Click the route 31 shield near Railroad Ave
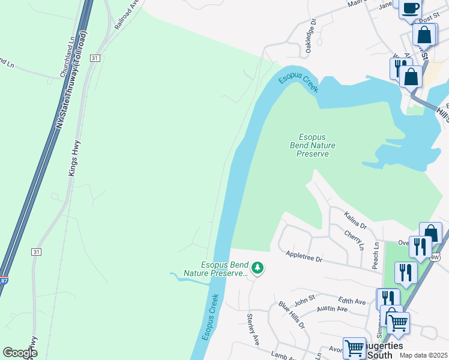[95, 58]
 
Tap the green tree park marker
[258, 268]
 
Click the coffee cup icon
[411, 8]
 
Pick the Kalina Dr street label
[355, 220]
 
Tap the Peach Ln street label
[376, 255]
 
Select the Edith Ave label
[352, 301]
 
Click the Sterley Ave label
[253, 328]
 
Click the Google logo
[20, 353]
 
